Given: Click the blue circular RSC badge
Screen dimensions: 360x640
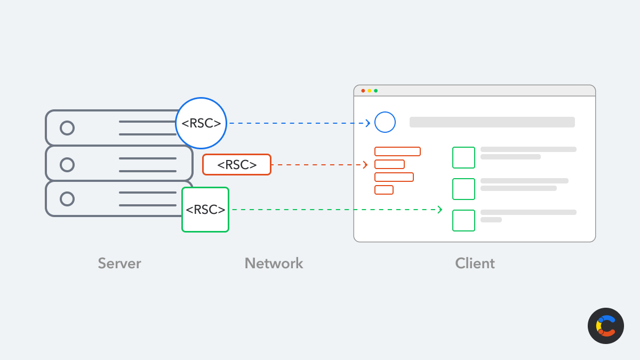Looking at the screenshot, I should (201, 123).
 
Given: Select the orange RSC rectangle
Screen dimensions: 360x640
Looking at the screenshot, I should (237, 164).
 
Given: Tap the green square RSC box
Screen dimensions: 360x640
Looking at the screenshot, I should (205, 210).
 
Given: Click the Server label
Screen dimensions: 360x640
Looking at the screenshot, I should (119, 263).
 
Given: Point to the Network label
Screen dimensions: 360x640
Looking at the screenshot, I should (274, 263).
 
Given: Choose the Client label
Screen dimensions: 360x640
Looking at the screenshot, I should (475, 263).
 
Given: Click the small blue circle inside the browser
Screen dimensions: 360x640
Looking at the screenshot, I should (385, 122).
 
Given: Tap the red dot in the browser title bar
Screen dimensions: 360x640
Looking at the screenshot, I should (363, 91).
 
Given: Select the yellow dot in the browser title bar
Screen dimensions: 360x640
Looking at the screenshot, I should (370, 91).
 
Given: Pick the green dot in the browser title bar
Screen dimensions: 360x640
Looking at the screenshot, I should (376, 91).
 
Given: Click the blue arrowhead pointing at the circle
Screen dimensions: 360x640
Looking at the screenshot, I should (368, 123).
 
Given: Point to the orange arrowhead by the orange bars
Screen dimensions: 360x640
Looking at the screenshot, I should (365, 165).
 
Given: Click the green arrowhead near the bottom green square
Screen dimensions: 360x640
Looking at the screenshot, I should (440, 210).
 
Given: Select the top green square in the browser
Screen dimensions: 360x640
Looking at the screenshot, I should (463, 157).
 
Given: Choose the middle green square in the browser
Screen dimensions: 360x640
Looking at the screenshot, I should (463, 189).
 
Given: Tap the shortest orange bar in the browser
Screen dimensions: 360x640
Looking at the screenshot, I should (384, 190).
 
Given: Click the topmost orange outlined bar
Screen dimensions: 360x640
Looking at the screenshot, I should (397, 151).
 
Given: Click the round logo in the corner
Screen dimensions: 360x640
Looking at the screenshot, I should (606, 326).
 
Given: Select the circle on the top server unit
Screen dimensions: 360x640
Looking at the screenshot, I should (67, 128).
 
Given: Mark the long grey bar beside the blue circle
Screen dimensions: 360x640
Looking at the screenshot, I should (492, 122).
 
